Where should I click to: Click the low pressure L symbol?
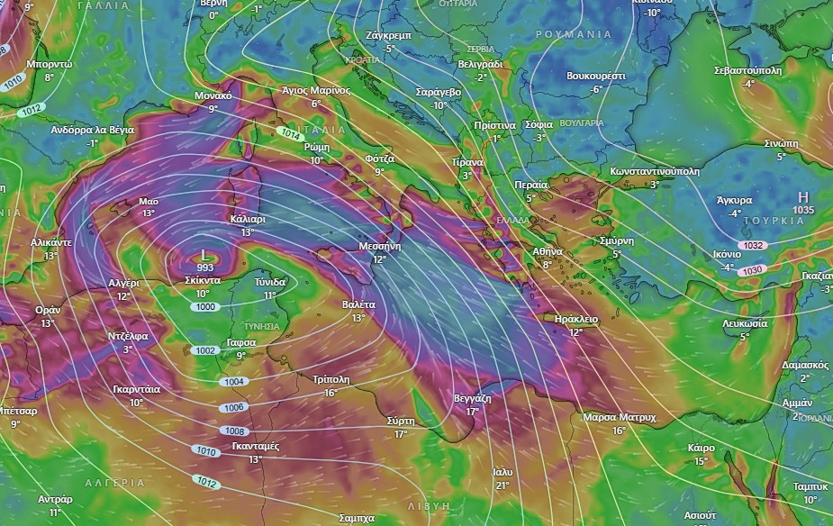point(205,256)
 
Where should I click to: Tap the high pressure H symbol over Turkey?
point(802,197)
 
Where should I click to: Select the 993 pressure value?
point(205,268)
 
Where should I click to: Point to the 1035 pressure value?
point(802,210)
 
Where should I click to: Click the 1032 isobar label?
point(754,245)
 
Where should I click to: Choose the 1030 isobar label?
point(752,270)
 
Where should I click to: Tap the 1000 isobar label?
point(206,307)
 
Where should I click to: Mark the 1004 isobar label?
point(233,382)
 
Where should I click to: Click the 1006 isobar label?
point(232,407)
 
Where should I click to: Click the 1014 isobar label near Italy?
point(289,133)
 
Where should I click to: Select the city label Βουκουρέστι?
point(595,77)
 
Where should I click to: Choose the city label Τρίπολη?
point(330,379)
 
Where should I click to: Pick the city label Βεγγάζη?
point(472,397)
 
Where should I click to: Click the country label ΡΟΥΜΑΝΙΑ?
point(573,33)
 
